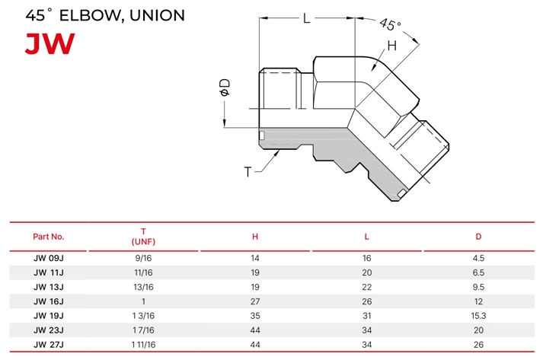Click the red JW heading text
pos(50,43)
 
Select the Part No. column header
pos(49,237)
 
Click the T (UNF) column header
pos(143,237)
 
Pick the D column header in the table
pos(478,237)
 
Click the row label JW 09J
pos(49,258)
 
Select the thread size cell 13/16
pos(143,287)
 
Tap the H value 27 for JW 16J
pos(255,301)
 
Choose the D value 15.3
pos(478,316)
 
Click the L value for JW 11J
pos(367,272)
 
